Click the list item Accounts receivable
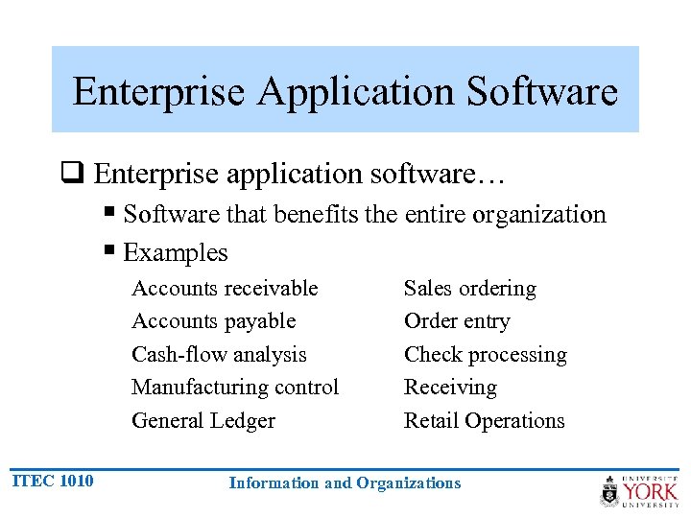(225, 289)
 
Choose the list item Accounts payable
(213, 321)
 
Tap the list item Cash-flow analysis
(219, 354)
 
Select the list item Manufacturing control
(235, 388)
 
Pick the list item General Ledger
(203, 420)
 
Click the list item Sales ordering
(470, 289)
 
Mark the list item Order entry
(457, 321)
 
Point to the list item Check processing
(486, 354)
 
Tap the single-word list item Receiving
(450, 388)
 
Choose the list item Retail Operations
(485, 420)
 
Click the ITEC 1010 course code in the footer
(54, 481)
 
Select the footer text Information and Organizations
(345, 483)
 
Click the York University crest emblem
(609, 491)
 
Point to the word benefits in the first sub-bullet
(318, 214)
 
